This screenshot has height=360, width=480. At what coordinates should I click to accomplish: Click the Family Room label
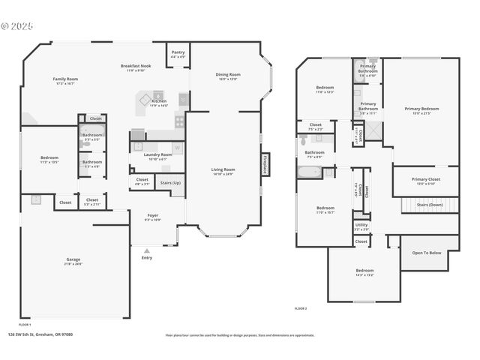coord(65,79)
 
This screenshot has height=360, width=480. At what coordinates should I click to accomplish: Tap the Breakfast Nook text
coord(135,66)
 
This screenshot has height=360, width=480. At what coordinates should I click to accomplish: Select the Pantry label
coord(178,52)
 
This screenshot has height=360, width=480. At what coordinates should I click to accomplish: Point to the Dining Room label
coord(228,74)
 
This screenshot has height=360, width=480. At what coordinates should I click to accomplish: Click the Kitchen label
coord(158,100)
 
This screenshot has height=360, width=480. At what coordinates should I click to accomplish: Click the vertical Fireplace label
coord(265,165)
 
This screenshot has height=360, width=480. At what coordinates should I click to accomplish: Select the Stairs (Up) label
coord(170,183)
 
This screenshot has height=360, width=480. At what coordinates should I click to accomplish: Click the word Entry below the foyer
coord(146,258)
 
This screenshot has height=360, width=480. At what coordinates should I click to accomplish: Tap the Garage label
coord(73,259)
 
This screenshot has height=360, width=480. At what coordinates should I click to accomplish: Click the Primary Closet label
coord(425,179)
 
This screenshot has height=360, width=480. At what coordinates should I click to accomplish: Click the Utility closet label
coord(361,224)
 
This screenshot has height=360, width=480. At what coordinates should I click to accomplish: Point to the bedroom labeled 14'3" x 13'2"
coord(364,271)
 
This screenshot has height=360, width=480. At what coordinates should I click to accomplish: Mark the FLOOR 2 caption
coord(301,308)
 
